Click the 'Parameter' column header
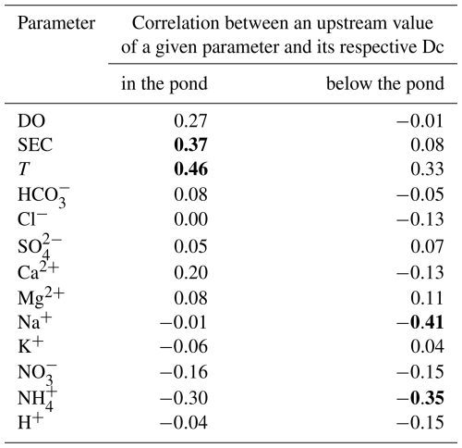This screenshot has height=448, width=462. click(x=56, y=23)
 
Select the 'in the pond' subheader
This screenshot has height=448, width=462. click(x=164, y=84)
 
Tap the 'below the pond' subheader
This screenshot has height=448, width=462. click(x=385, y=84)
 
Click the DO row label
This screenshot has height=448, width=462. click(x=31, y=121)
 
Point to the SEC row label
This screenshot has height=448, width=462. click(x=35, y=144)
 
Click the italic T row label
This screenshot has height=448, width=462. click(x=24, y=169)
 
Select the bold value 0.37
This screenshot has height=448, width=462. click(x=190, y=144)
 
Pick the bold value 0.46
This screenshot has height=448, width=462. click(x=190, y=169)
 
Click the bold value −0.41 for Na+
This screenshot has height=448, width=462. click(x=420, y=322)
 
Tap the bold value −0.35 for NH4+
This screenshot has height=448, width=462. click(x=420, y=398)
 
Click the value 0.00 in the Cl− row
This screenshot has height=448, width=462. click(x=190, y=219)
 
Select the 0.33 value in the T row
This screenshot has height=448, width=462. click(x=427, y=169)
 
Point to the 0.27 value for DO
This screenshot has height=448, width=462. click(x=190, y=121)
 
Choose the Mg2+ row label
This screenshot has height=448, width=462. click(x=41, y=298)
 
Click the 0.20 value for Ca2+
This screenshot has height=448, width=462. click(x=190, y=273)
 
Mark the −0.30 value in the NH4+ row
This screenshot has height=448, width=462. click(x=184, y=398)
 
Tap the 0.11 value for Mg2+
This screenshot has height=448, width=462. click(x=427, y=298)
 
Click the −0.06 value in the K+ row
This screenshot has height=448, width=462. click(x=184, y=346)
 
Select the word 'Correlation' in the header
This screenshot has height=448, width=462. click(x=176, y=23)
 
